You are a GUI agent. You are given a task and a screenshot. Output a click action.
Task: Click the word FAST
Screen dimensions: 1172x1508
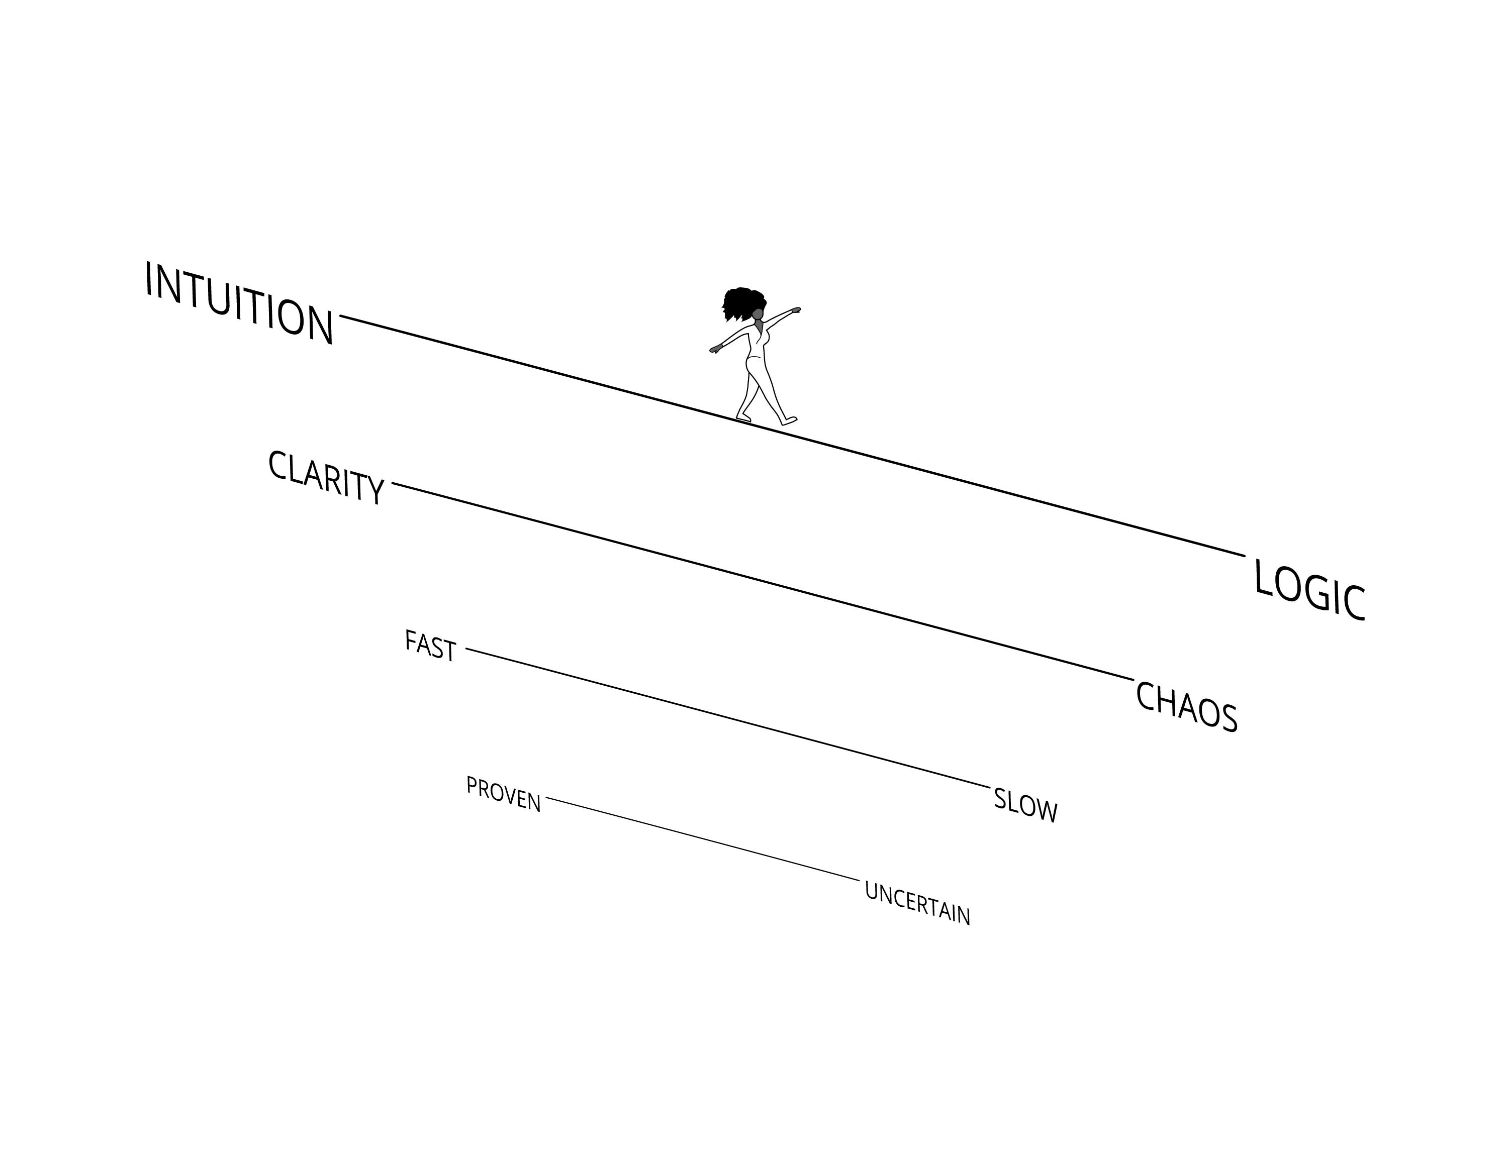[430, 646]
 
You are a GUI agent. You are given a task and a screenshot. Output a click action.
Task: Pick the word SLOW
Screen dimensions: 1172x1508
[1025, 805]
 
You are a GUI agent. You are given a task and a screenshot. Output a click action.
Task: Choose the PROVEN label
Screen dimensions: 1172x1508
[503, 794]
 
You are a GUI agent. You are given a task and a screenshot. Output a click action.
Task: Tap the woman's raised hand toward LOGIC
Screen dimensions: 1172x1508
[796, 310]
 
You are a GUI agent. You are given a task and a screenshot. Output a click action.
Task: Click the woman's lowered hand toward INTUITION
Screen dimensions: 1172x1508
[715, 349]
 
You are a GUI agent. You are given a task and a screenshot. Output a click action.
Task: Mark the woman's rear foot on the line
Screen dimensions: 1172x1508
[743, 417]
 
